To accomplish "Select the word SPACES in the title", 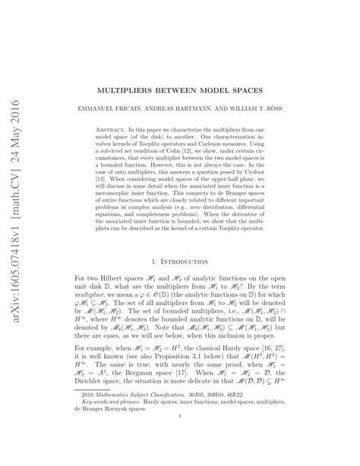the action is (x=250, y=67).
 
